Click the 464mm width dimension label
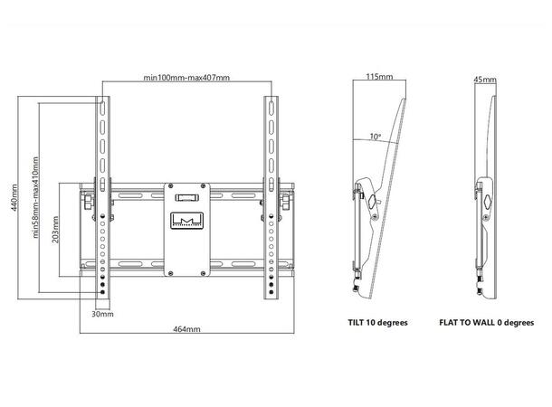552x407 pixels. (x=186, y=330)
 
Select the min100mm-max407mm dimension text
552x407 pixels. (x=187, y=78)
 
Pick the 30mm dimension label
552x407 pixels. (x=102, y=315)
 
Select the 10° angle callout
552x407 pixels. (x=374, y=137)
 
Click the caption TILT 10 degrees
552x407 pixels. (x=377, y=322)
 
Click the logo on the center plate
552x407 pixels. (x=186, y=222)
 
